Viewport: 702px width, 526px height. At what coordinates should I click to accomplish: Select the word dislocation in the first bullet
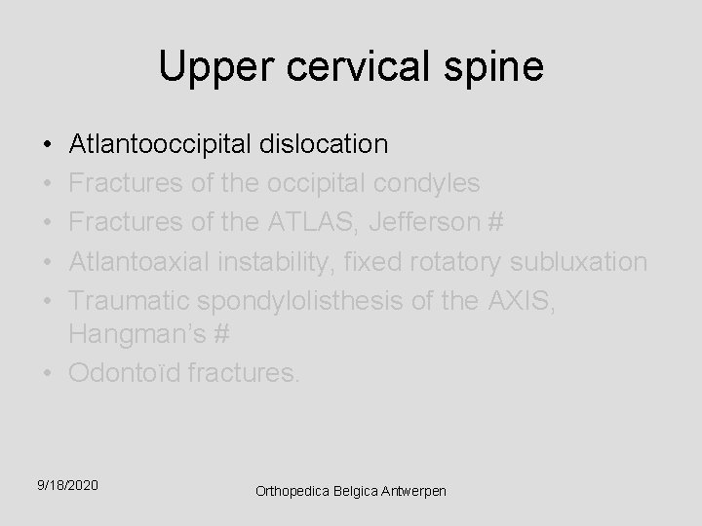click(x=324, y=145)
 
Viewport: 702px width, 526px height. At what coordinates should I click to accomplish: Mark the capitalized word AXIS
click(x=524, y=301)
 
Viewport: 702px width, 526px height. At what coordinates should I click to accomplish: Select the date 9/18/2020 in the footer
click(x=67, y=484)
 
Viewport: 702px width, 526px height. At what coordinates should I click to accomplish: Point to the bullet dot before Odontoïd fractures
click(x=48, y=373)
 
